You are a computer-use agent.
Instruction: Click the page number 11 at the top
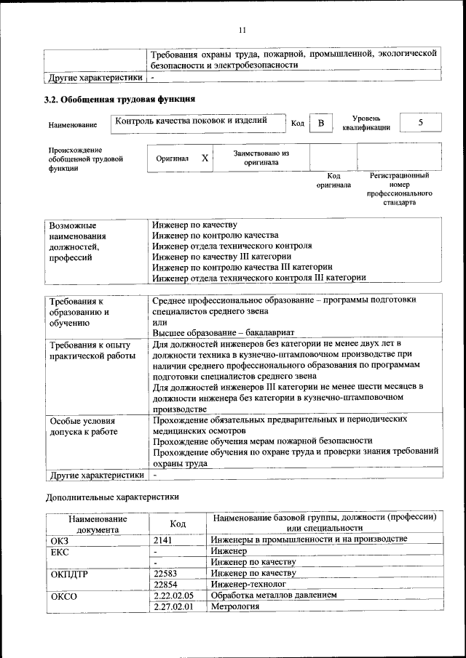pos(242,30)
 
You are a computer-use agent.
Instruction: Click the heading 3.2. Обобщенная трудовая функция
pos(119,99)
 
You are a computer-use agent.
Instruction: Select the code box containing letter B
pos(320,123)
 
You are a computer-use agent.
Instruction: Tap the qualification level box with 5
pos(420,123)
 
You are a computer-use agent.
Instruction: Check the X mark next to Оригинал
pos(205,158)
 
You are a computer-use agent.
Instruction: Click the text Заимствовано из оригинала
pos(261,158)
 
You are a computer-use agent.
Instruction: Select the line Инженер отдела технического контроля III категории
pos(259,277)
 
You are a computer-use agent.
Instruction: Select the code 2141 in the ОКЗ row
pos(163,539)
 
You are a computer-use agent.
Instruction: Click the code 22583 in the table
pos(166,573)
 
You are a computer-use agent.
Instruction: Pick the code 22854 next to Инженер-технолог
pos(166,584)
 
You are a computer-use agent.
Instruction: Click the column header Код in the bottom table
pos(178,523)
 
